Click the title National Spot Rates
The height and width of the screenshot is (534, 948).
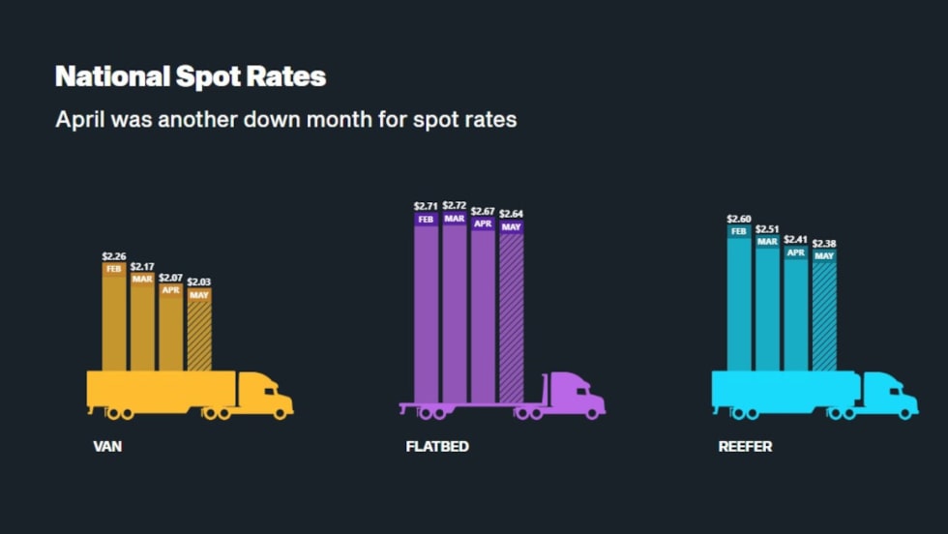coord(191,76)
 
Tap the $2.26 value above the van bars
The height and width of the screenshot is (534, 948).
coord(114,256)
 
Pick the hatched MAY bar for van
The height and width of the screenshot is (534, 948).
coord(199,334)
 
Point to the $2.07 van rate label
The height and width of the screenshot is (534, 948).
coord(170,278)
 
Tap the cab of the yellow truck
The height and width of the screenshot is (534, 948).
coord(266,393)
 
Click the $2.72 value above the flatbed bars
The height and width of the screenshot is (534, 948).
coord(455,205)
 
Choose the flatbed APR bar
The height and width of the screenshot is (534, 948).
coord(483,310)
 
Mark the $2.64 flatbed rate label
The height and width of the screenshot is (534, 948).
coord(511,214)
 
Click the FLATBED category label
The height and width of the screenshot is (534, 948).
coord(438,448)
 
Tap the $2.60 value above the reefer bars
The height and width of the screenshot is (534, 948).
coord(739,219)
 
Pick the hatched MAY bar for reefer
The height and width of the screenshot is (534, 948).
coord(824,314)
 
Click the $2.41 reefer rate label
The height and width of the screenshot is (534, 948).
coord(795,239)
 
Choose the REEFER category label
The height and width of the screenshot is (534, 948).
coord(745,448)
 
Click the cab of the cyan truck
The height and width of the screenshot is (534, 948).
coord(890,394)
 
